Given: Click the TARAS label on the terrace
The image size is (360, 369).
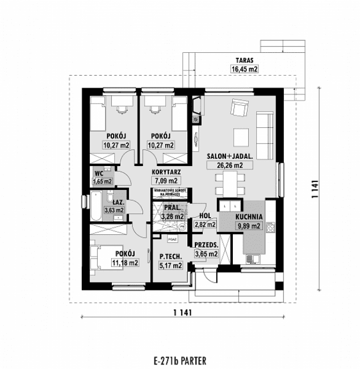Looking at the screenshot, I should click(245, 59).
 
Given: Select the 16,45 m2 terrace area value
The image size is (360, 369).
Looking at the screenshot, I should click(245, 69).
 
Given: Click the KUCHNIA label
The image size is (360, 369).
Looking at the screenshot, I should click(249, 216).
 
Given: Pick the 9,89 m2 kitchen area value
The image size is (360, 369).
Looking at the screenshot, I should click(248, 226).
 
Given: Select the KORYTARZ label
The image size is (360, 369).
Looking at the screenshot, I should click(166, 171).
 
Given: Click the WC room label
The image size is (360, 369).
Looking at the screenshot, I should click(99, 173).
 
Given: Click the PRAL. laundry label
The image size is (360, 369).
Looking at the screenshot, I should click(172, 208).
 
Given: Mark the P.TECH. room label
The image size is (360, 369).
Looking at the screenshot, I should click(170, 256).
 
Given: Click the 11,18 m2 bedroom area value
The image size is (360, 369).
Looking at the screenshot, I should click(125, 262).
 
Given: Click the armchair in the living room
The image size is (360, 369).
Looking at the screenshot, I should click(238, 107).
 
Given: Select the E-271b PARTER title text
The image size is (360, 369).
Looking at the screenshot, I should click(179, 359).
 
